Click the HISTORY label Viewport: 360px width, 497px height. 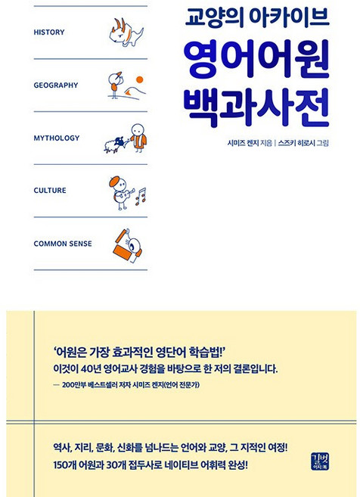point(49,33)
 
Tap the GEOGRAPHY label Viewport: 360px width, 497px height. point(56,85)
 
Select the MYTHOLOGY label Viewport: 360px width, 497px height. point(57,138)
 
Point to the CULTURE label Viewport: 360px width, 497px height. point(50,191)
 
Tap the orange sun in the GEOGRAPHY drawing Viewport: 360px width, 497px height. point(140,78)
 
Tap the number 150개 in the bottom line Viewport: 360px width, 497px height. point(67,465)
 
